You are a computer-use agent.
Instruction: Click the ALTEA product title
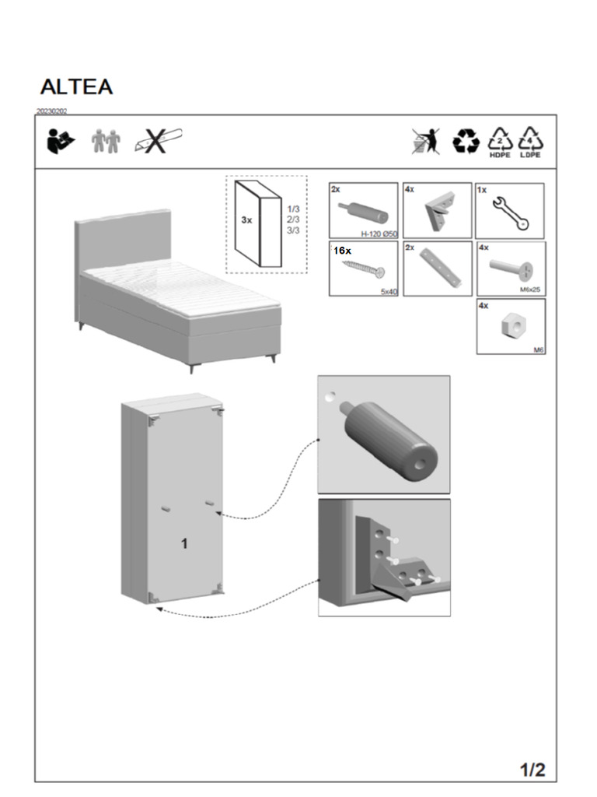tap(76, 87)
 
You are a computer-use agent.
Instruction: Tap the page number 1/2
tap(532, 771)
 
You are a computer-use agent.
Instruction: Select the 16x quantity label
tap(342, 251)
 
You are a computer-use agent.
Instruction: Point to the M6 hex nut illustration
tap(511, 328)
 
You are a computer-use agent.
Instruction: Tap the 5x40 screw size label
tap(388, 291)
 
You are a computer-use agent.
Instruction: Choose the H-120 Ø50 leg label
tap(379, 233)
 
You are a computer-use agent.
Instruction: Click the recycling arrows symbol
tap(466, 142)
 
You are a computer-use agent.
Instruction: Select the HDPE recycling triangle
tap(500, 142)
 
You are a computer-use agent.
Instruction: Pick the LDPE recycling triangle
tap(531, 142)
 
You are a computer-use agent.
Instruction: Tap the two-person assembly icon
tap(106, 142)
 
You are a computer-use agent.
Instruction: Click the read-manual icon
tap(61, 142)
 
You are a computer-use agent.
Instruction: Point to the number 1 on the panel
tap(184, 544)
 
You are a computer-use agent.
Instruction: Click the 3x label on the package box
tap(246, 220)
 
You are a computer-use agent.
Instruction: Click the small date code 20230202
tap(51, 111)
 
